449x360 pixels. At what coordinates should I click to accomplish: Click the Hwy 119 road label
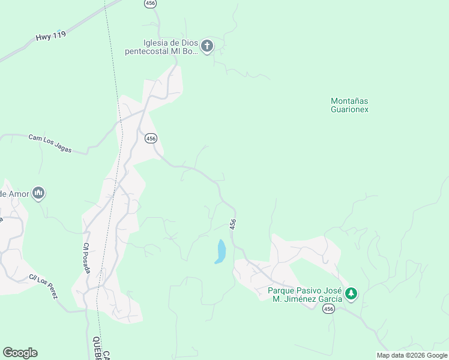[50, 36]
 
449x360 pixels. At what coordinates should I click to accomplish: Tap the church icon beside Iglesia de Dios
[207, 46]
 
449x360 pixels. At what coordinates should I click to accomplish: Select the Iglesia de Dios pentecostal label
[161, 47]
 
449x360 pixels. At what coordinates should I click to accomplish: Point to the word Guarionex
[349, 110]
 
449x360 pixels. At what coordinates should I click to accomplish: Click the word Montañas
[349, 101]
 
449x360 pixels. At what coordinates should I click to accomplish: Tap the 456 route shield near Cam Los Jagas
[151, 138]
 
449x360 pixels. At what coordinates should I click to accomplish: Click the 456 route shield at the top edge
[151, 4]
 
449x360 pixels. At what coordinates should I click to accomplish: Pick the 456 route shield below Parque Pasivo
[328, 308]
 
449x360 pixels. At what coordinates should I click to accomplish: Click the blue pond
[220, 251]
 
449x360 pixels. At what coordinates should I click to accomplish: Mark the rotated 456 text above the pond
[233, 224]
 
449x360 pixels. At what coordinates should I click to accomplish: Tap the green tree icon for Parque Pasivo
[351, 294]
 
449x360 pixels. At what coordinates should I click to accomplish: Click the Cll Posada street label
[87, 258]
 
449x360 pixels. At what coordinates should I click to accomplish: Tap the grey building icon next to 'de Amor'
[39, 193]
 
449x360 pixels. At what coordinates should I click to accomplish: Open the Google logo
[20, 353]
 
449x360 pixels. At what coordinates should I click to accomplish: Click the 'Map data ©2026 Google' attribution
[412, 355]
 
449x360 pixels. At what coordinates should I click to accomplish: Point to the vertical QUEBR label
[96, 349]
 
